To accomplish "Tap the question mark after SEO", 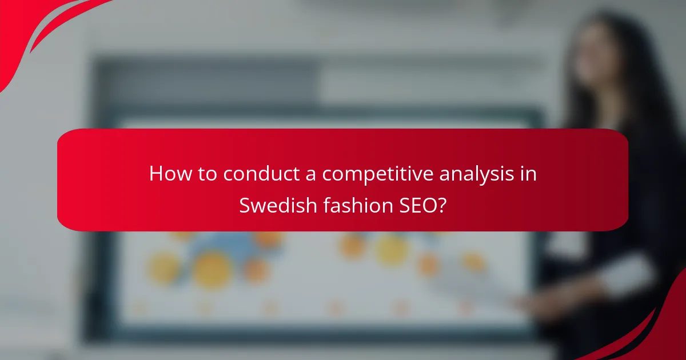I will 440,205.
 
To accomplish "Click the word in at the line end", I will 529,174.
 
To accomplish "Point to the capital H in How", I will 155,174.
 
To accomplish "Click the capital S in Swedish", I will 245,205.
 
